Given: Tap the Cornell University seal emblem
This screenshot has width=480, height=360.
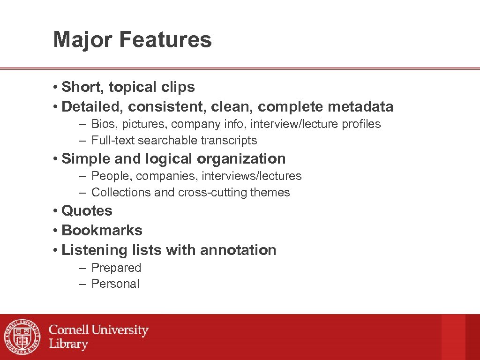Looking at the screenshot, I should click(22, 337).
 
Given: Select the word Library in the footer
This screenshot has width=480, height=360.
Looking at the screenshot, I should click(68, 344).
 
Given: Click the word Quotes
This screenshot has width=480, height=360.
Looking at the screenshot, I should click(87, 211).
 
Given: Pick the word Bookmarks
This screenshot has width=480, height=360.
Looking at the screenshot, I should click(102, 231).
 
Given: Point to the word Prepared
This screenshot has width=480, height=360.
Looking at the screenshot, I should click(116, 268).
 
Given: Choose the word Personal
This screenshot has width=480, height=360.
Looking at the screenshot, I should click(115, 284).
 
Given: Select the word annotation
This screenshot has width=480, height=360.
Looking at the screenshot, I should click(238, 250).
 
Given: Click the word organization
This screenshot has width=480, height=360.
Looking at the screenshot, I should click(241, 159).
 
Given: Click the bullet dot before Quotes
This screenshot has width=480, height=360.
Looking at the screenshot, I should click(55, 211).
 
